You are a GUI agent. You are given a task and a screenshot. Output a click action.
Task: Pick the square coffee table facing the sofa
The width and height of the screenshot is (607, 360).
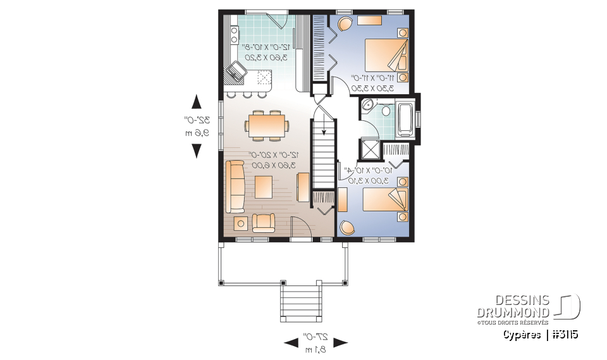pos(264,186)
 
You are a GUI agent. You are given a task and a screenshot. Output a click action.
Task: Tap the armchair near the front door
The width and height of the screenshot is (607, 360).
pos(264,222)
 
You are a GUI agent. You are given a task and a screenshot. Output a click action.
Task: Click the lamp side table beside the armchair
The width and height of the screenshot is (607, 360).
pos(241,223)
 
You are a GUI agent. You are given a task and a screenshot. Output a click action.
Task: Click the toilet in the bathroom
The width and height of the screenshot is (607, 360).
pos(386,111)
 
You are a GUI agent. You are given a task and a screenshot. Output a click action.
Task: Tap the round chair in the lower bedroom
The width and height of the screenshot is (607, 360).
pos(347,227)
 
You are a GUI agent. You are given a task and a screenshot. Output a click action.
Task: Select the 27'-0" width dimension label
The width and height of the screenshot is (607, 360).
pos(315,342)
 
